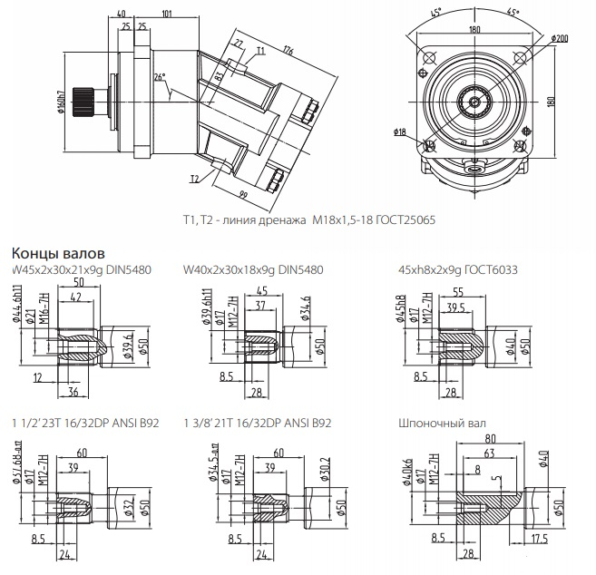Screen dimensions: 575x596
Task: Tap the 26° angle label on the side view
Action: point(161,78)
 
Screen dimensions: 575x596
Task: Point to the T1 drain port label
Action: point(260,51)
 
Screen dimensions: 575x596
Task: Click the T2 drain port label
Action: point(194,179)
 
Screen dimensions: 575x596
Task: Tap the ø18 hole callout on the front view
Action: point(400,132)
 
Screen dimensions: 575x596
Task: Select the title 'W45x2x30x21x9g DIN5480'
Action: point(81,270)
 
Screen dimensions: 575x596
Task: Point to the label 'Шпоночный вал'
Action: point(436,423)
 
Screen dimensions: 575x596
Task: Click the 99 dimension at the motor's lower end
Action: point(244,196)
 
